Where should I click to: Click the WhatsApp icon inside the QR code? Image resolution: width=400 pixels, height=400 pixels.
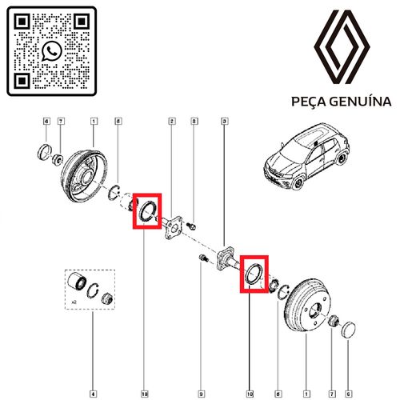tap(52, 51)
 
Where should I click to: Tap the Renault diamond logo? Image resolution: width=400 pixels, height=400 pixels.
tap(342, 47)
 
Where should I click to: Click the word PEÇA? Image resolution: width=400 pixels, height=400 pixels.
tap(309, 102)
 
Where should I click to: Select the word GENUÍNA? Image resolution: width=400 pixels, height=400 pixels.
tap(360, 101)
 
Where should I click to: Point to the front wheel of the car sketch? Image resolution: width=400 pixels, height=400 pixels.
tap(298, 184)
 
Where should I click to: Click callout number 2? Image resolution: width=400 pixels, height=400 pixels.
tap(172, 122)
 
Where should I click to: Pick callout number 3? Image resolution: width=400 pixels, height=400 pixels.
tap(225, 122)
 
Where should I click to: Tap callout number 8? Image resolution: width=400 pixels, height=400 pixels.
tap(194, 122)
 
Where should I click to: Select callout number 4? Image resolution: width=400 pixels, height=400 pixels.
tap(93, 394)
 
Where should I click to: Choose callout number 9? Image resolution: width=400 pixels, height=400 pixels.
tap(202, 394)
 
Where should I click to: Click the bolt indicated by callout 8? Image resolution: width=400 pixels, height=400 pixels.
tap(192, 226)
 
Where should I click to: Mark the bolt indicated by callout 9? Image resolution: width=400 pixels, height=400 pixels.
tap(203, 258)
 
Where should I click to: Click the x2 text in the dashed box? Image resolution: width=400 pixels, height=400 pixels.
tap(74, 302)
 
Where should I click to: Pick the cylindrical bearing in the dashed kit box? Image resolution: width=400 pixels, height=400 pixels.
tap(77, 282)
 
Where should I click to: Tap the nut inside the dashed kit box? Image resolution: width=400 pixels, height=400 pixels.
tap(107, 298)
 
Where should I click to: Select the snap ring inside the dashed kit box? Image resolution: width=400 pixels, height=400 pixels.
tap(93, 290)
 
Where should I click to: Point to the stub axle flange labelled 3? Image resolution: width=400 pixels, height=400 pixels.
tap(226, 258)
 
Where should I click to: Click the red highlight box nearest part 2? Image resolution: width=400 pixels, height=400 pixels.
tap(147, 211)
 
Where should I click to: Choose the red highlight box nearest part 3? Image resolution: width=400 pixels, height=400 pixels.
tap(254, 274)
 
